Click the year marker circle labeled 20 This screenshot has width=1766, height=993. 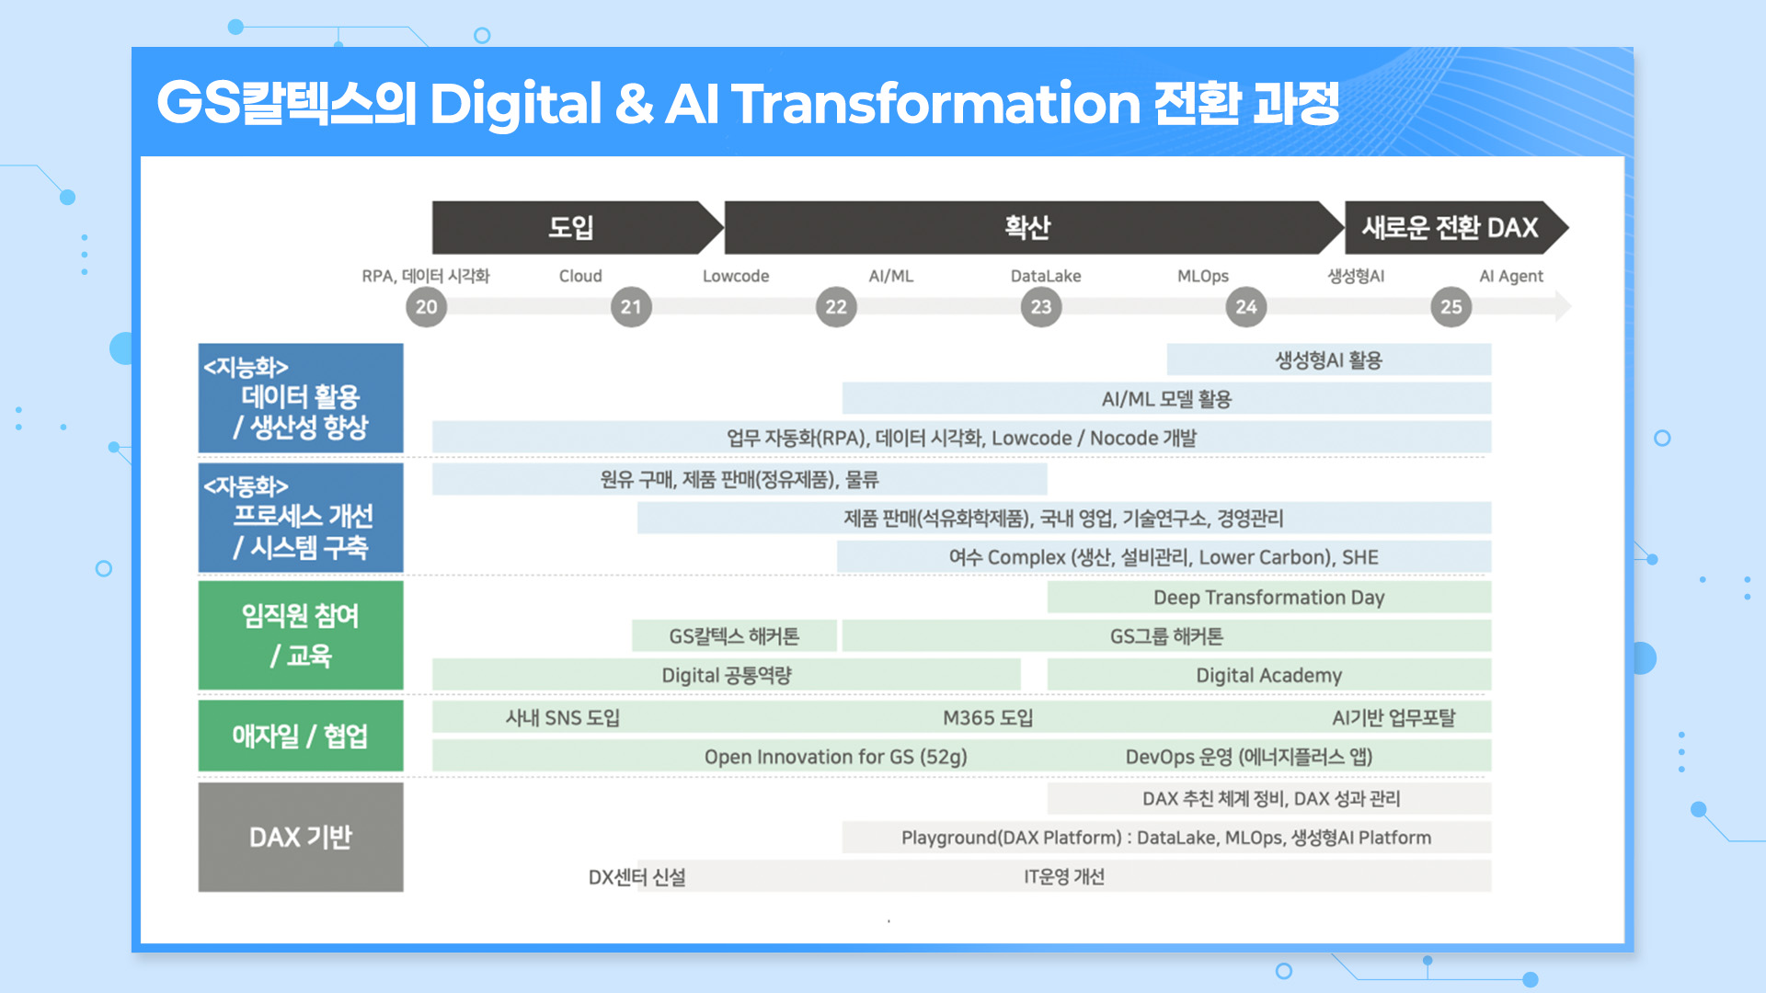[x=426, y=307]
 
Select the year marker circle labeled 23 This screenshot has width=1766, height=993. [x=1040, y=307]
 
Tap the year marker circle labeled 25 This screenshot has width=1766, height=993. [x=1451, y=307]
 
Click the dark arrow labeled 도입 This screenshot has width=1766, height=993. [x=571, y=227]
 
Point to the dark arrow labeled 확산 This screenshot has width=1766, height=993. [x=1027, y=227]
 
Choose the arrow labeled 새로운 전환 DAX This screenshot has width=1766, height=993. [x=1450, y=227]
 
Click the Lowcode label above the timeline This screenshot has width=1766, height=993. [x=735, y=276]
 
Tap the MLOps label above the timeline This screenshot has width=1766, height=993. [x=1202, y=276]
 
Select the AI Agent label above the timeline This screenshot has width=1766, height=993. [x=1510, y=276]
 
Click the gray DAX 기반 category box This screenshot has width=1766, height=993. [x=301, y=837]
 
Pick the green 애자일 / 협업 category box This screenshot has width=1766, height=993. [x=301, y=736]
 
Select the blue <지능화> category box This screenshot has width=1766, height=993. [x=301, y=398]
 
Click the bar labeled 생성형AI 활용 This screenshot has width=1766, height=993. [x=1328, y=360]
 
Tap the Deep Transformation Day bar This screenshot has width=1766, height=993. [x=1268, y=598]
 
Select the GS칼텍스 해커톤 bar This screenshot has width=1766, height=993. [x=734, y=636]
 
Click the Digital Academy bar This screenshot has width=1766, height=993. [x=1268, y=675]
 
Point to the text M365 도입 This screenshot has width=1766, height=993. [x=988, y=717]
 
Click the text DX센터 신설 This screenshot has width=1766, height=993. [x=636, y=877]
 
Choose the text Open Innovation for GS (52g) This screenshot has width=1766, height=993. [x=835, y=757]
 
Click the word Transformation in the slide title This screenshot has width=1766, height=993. [x=935, y=103]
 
